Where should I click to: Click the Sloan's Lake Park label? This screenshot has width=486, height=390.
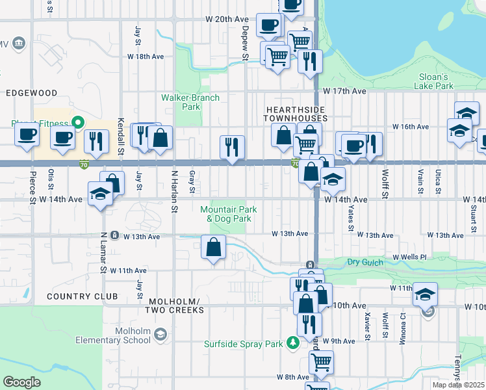click(x=435, y=80)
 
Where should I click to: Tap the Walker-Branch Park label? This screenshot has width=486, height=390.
click(x=190, y=102)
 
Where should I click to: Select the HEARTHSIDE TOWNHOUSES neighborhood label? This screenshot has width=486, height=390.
click(x=294, y=114)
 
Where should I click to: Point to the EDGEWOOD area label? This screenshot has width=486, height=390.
click(x=31, y=93)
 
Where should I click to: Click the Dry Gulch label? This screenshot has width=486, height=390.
click(x=362, y=262)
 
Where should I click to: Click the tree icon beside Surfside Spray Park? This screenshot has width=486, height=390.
click(x=293, y=343)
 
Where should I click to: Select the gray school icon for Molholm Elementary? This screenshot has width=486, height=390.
click(x=160, y=334)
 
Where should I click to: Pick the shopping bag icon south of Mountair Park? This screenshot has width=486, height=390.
click(x=214, y=248)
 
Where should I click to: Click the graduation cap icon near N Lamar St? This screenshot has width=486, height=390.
click(x=100, y=194)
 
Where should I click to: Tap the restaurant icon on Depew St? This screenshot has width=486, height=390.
click(x=232, y=147)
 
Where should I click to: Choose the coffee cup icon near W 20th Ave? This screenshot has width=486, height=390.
click(x=268, y=25)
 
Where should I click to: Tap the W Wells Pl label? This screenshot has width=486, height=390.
click(x=409, y=257)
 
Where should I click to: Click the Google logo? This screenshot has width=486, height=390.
click(x=22, y=382)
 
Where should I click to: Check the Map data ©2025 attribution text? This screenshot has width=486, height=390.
click(x=459, y=385)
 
